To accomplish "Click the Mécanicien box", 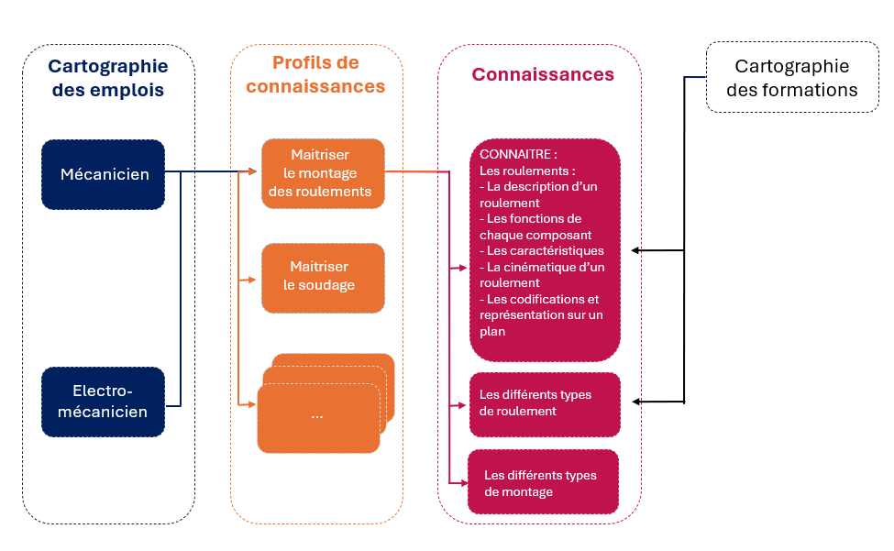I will (x=104, y=173).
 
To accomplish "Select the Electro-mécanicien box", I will (x=104, y=402).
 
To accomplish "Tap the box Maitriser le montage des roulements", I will (x=322, y=173).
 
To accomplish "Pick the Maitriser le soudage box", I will (x=322, y=276).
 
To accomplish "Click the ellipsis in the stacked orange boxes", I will (x=317, y=415).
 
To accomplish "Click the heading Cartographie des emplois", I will (x=107, y=78).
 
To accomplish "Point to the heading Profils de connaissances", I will (x=315, y=74).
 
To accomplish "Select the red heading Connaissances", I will (x=543, y=74).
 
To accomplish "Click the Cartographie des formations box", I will (x=792, y=78).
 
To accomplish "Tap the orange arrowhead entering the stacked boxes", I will (x=254, y=404).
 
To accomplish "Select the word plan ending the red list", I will (x=492, y=332).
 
